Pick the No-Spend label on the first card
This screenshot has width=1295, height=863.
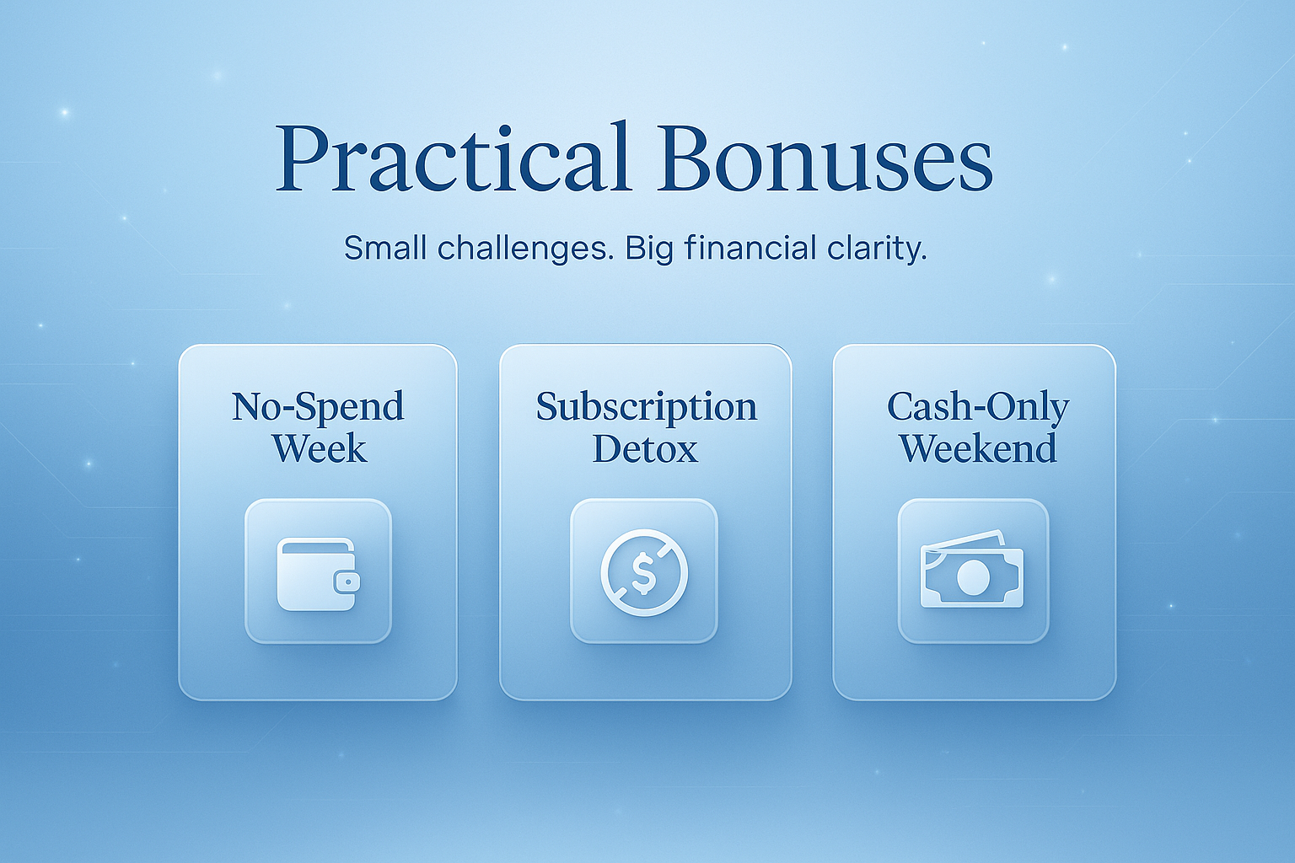coord(318,407)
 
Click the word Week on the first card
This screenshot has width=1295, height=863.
coord(319,448)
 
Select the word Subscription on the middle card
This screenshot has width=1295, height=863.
coord(647,407)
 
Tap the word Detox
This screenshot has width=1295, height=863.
coord(645,448)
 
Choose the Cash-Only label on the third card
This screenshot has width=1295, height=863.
coord(978,407)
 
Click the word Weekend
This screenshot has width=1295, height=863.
coord(978,448)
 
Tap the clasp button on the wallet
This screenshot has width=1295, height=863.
coord(347,582)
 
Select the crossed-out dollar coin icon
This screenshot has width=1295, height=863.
coord(644,572)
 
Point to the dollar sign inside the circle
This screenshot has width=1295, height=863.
coord(644,573)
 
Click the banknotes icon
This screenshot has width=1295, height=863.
coord(972,571)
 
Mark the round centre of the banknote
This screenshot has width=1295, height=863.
coord(972,578)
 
